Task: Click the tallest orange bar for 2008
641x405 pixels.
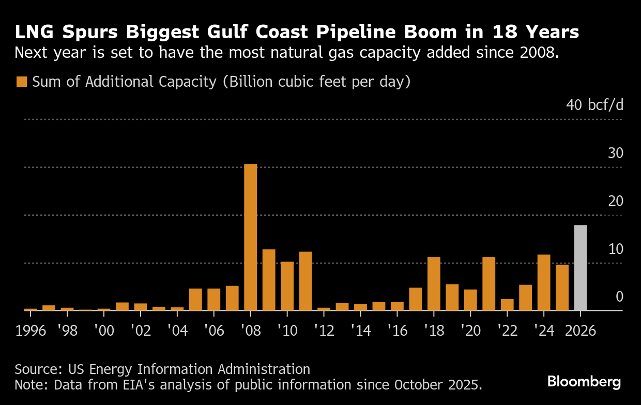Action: point(250,237)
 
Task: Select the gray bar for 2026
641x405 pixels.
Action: point(581,268)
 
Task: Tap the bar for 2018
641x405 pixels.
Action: point(434,284)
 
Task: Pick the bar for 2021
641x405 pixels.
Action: point(489,284)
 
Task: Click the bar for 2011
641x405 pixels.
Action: point(306,281)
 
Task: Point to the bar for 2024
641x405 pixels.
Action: point(544,283)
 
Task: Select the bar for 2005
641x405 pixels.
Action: point(195,300)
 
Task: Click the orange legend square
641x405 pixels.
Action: point(22,82)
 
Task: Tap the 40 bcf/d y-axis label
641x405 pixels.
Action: point(595,105)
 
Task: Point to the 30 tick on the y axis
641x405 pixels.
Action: point(616,153)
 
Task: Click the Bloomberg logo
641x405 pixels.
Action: point(584,382)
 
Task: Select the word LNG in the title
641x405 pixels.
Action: point(34,33)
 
